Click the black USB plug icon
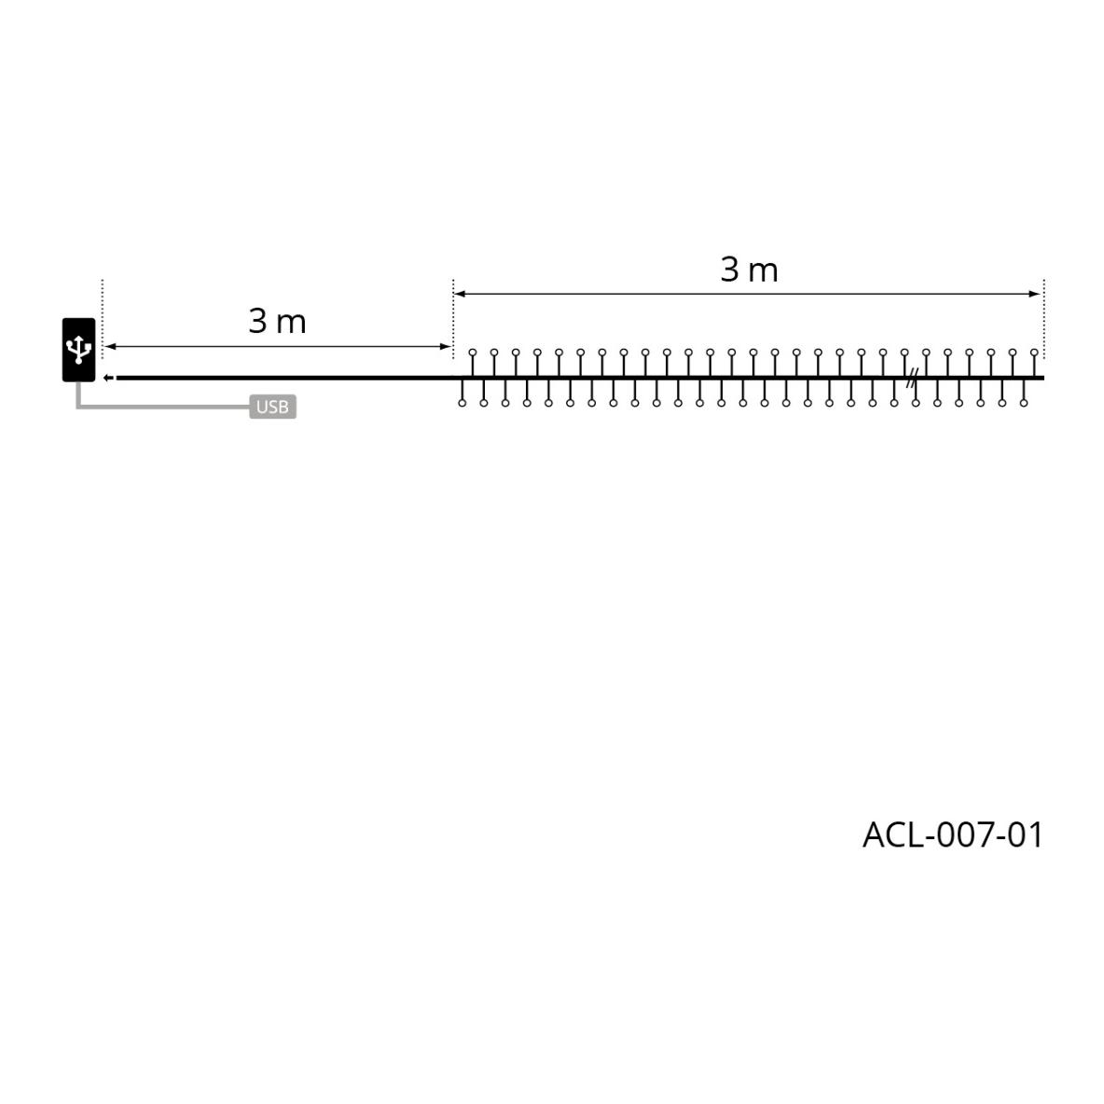[x=79, y=350]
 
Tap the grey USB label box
[x=272, y=407]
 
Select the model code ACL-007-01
[x=952, y=835]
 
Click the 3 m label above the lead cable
[x=278, y=322]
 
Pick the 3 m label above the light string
[x=749, y=269]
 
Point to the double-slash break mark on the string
[x=912, y=378]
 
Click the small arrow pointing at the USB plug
[x=108, y=378]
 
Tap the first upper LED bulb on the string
[x=473, y=352]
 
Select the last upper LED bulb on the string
[x=1034, y=352]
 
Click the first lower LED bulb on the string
[x=462, y=403]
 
